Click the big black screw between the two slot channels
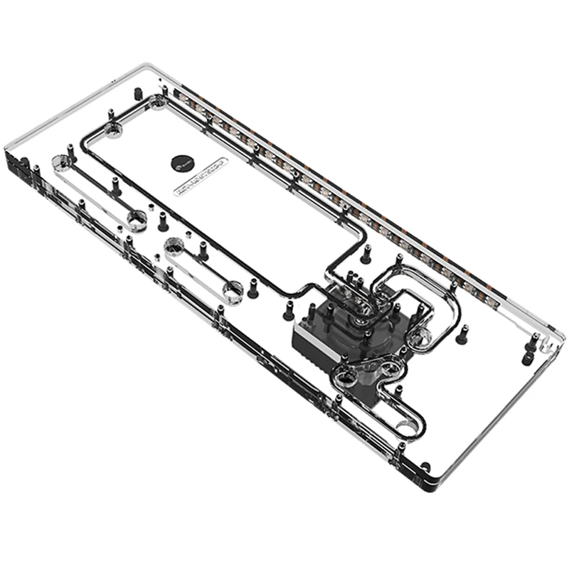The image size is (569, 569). click(x=163, y=222)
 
